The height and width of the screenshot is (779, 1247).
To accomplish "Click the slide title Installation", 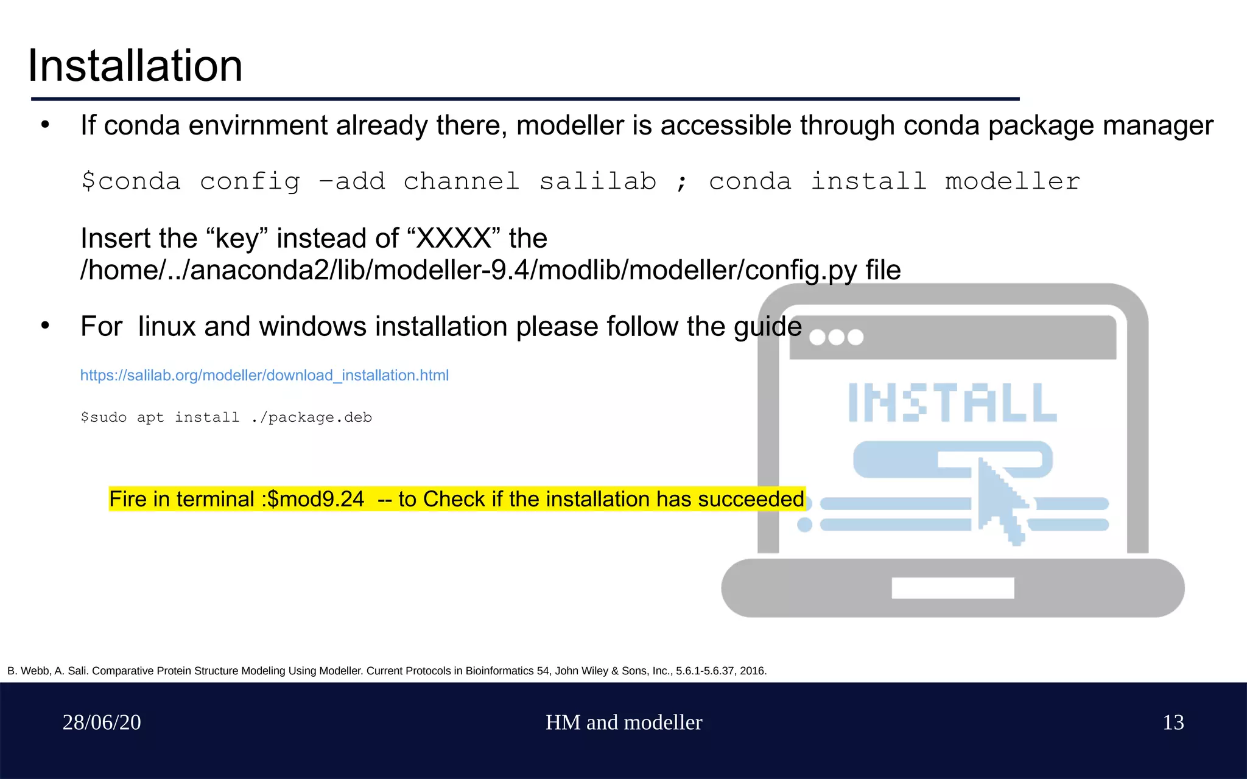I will pos(135,66).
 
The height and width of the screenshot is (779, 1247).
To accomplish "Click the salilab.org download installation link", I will pos(264,376).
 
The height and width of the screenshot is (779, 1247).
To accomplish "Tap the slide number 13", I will pos(1173,722).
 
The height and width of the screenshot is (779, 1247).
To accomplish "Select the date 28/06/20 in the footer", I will pos(102,722).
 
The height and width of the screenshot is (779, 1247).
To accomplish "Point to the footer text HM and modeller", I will pos(623,722).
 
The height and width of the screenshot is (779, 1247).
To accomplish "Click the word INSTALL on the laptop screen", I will pos(952,402).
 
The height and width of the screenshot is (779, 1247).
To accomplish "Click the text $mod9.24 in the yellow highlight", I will pos(315,499).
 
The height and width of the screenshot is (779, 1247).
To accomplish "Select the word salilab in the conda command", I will pos(598,181).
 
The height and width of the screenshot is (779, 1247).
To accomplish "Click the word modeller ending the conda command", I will pos(1012,181).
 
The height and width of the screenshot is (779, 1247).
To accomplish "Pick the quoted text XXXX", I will pos(454,238).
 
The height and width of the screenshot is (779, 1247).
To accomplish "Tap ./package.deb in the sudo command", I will pos(311,417).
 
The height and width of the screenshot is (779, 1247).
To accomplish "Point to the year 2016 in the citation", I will pos(752,671).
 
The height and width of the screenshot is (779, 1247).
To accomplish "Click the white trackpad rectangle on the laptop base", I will pos(952,588).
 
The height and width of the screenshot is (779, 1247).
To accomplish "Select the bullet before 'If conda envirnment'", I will pos(45,125).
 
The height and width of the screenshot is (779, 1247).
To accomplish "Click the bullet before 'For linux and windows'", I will pos(45,326).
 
